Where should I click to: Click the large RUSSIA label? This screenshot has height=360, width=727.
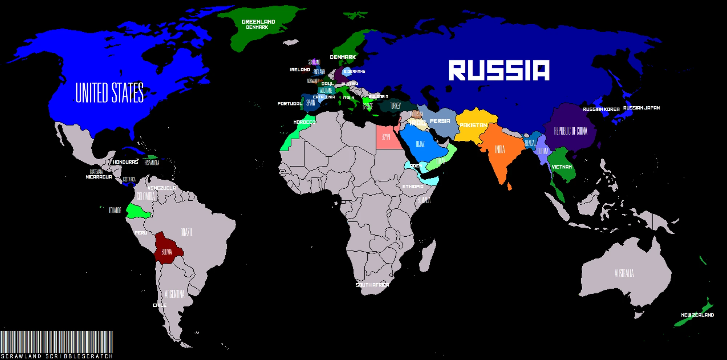pos(499,71)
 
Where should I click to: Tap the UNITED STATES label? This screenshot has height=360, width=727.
pos(109,92)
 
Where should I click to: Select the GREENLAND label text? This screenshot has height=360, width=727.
pos(258,22)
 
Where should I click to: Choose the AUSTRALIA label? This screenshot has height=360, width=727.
pos(624,273)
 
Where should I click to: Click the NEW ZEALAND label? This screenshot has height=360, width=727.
pos(697,315)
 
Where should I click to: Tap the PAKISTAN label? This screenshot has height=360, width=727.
pos(473,125)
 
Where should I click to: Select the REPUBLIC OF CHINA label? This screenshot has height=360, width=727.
pos(570,131)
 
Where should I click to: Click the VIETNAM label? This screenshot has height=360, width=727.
pos(562,167)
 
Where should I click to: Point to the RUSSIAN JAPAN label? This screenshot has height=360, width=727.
pos(641,108)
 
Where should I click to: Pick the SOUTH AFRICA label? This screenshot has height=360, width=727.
pos(372,285)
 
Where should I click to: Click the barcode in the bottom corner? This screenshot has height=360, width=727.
pos(56,342)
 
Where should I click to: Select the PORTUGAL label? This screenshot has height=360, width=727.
pos(290,104)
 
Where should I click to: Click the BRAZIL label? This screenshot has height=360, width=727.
pos(186,232)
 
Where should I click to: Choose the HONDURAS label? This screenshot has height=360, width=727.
pos(125,162)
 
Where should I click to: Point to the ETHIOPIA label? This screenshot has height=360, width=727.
pos(413,187)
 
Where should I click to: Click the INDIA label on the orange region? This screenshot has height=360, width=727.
pos(500,149)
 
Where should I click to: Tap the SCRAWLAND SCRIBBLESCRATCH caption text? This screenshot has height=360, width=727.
pos(57,356)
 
